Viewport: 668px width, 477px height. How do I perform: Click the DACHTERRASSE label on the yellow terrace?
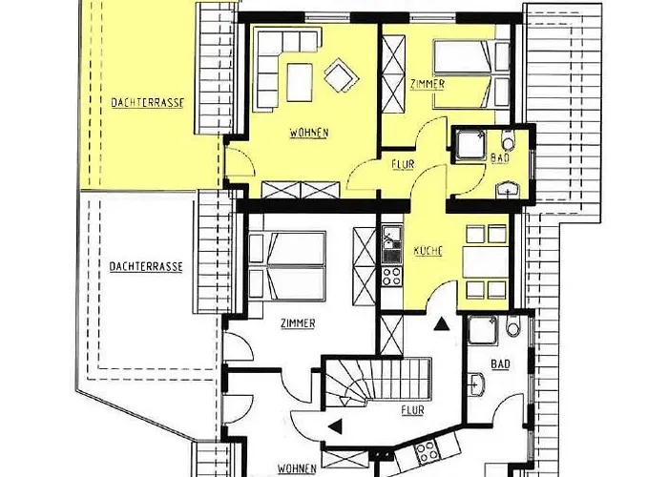tap(148, 103)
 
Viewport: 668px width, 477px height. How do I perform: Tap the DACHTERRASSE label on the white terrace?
tap(146, 267)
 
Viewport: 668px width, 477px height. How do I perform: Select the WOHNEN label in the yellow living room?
tap(309, 133)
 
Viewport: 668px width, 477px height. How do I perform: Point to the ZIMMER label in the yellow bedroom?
tap(428, 84)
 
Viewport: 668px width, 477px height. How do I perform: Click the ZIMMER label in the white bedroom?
tap(298, 323)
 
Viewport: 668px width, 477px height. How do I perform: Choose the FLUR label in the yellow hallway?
tap(403, 164)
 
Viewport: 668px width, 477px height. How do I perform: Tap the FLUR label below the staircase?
tap(413, 410)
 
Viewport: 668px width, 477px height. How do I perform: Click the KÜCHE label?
tap(428, 251)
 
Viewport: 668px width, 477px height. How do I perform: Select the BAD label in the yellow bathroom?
tap(500, 158)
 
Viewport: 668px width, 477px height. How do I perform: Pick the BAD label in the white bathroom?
tap(501, 364)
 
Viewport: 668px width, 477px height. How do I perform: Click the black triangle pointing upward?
tap(442, 324)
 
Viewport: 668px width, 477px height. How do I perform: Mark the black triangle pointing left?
tap(336, 425)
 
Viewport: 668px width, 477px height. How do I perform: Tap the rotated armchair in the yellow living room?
tap(342, 75)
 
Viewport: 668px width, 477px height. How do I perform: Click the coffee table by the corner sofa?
tap(299, 82)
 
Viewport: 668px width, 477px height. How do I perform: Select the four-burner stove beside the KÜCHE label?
tap(391, 276)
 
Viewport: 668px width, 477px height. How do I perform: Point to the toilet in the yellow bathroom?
tap(509, 139)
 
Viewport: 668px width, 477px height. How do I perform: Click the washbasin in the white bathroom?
tap(478, 384)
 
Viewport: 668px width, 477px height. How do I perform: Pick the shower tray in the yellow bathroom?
tap(470, 145)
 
